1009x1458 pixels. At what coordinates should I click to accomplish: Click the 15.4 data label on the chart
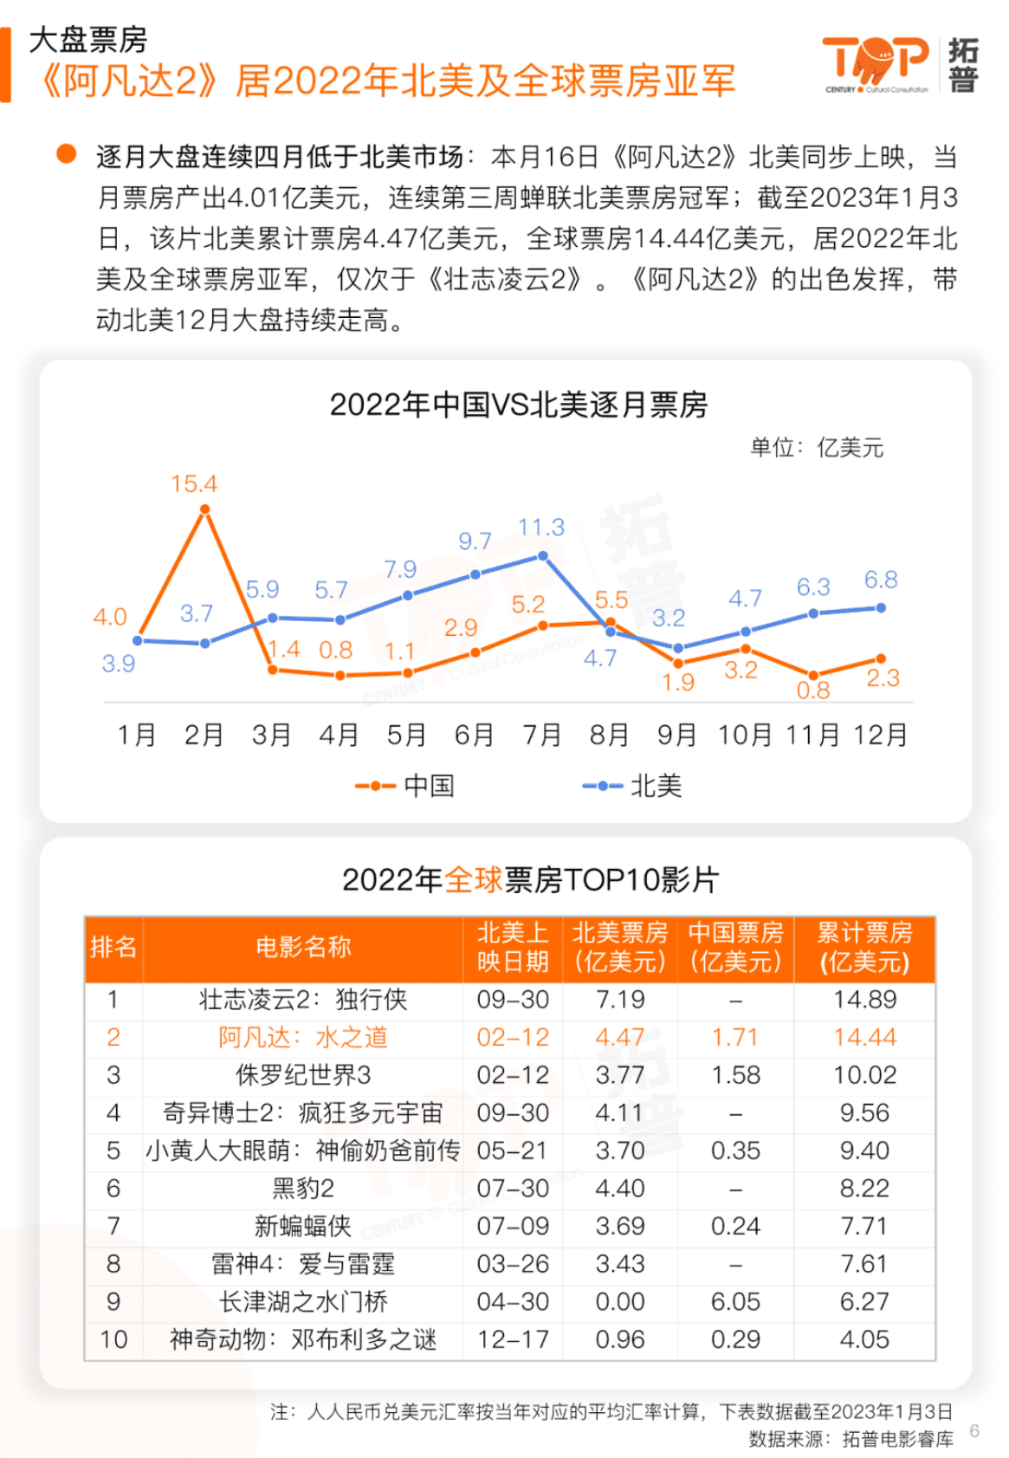click(194, 483)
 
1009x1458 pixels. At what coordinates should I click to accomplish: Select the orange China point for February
click(204, 510)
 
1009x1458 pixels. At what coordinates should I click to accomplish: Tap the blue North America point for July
click(543, 555)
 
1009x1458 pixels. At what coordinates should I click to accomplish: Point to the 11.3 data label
click(541, 527)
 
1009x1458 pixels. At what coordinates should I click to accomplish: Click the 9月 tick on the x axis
click(676, 735)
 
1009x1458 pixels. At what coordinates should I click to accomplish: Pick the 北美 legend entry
click(632, 786)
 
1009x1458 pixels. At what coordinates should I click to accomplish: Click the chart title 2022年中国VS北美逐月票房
click(518, 405)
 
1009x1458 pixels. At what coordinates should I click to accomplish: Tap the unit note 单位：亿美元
click(816, 448)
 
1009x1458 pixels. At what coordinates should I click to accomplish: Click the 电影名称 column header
click(303, 947)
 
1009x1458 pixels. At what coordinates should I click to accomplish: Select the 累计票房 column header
click(864, 947)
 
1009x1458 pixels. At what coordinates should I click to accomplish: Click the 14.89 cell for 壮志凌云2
click(864, 1000)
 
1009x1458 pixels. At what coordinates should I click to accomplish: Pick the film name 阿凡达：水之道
click(303, 1037)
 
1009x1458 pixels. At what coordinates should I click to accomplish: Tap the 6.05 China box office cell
click(735, 1301)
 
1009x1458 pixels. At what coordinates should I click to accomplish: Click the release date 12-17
click(513, 1339)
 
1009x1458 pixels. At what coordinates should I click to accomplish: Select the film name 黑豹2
click(303, 1188)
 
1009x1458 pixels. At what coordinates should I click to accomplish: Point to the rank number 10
click(113, 1339)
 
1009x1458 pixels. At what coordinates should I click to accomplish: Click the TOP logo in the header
click(875, 62)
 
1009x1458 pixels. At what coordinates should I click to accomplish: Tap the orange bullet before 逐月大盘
click(66, 153)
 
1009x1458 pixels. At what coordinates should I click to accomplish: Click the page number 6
click(974, 1430)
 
